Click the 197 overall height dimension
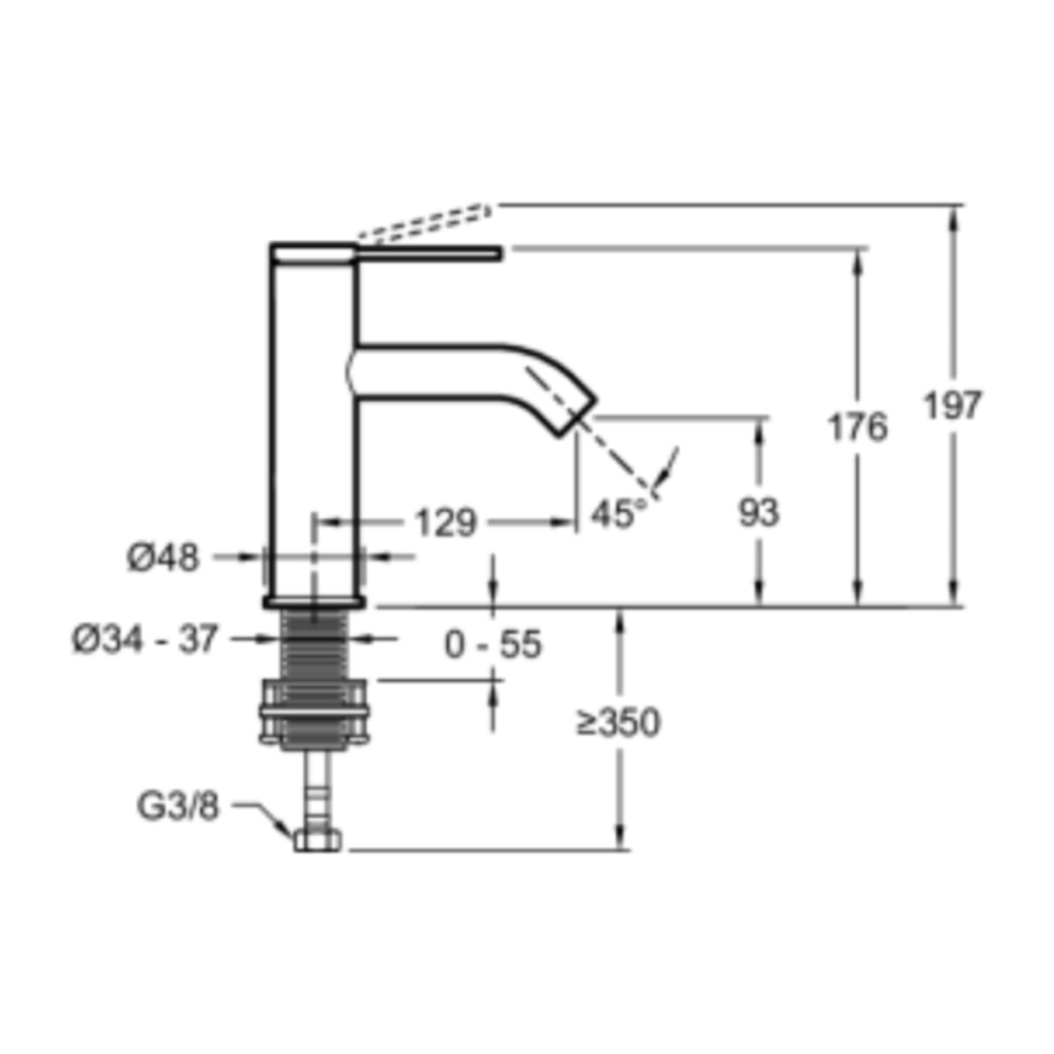[953, 405]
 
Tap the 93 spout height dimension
[759, 512]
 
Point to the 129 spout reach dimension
[446, 523]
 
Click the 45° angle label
[618, 513]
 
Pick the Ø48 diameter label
[163, 559]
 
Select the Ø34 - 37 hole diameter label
[145, 639]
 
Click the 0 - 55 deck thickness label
[493, 644]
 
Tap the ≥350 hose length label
[618, 722]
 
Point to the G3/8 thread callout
[177, 806]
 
